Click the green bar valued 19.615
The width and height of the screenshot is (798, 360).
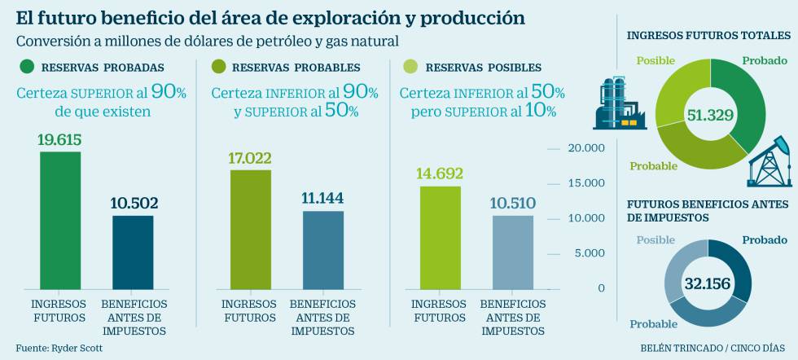(60, 220)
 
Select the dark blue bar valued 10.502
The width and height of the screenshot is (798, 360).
(133, 252)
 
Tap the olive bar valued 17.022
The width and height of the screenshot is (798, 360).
(251, 229)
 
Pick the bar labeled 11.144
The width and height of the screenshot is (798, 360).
(323, 249)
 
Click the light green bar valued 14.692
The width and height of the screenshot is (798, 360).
(440, 237)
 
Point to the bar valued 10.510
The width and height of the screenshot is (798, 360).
(513, 252)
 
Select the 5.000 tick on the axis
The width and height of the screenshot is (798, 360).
(590, 253)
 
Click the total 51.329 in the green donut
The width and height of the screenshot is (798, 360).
(710, 115)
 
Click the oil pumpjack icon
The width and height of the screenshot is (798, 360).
(769, 162)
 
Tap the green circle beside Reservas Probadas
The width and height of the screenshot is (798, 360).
(27, 67)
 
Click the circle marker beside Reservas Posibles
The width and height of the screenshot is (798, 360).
(410, 67)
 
